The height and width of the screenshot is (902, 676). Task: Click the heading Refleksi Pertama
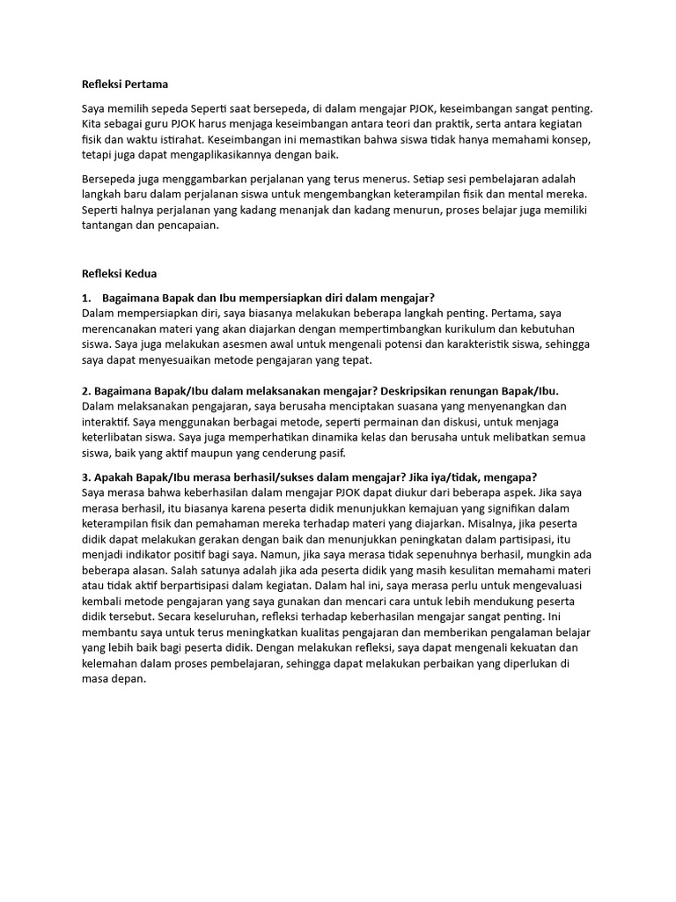[124, 85]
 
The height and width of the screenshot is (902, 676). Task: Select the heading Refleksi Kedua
[119, 274]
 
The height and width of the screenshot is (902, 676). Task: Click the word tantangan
[110, 225]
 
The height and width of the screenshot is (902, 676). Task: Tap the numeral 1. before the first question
[86, 297]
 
